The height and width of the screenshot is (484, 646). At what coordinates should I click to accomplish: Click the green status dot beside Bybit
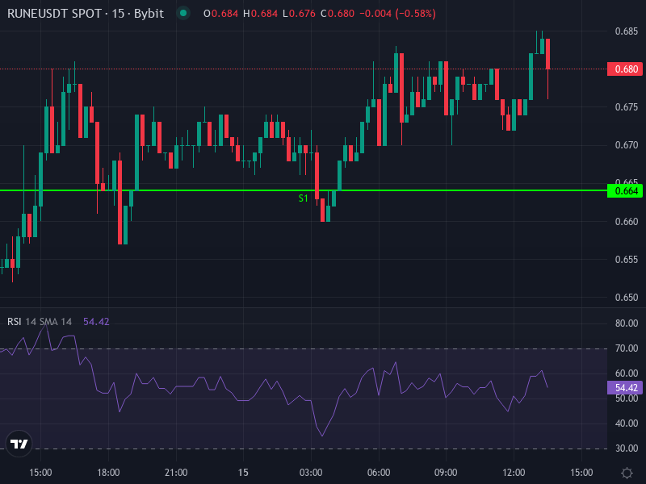(183, 14)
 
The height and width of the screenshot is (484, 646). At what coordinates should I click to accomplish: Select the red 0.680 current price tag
(626, 69)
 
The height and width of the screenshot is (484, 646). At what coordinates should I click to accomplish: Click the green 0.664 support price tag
(626, 191)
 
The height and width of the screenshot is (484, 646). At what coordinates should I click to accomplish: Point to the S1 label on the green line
(304, 198)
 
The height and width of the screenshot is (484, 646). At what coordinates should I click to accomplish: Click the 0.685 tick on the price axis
(626, 31)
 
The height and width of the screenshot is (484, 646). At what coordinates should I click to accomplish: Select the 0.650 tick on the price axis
(626, 298)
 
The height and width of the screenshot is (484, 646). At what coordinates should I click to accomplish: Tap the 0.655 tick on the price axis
(626, 260)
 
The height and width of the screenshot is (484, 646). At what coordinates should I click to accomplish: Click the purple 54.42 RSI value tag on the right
(626, 387)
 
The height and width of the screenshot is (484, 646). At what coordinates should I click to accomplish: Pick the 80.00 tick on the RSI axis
(626, 323)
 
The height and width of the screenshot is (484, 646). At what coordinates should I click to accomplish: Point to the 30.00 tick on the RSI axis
(626, 449)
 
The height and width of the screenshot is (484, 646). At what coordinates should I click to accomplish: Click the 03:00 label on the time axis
(311, 472)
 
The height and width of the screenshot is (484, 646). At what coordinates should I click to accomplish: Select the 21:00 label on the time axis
(176, 472)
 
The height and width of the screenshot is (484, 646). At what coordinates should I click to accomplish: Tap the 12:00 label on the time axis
(514, 472)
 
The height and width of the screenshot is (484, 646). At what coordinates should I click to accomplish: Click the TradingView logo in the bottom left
(19, 444)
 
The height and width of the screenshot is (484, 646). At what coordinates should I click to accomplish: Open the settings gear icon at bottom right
(627, 472)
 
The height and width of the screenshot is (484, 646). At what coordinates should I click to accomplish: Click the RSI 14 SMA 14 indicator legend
(40, 321)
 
